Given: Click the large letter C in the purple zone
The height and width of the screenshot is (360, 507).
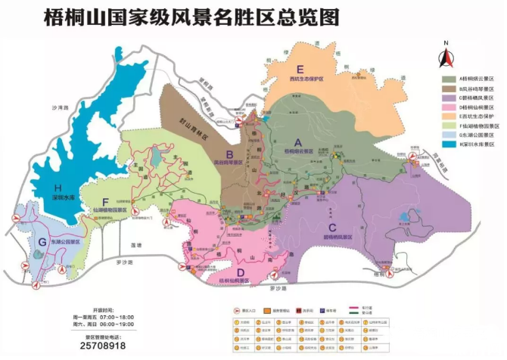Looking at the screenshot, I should tap(331, 227).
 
